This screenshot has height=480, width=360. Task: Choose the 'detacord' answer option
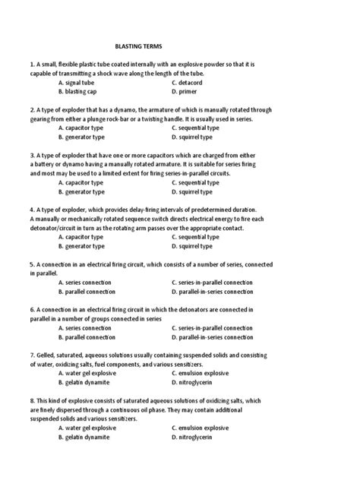click(x=194, y=82)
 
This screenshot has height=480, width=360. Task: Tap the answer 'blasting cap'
click(x=84, y=91)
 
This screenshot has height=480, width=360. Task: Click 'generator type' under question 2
click(x=85, y=137)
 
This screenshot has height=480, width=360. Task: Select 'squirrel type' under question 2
click(x=198, y=137)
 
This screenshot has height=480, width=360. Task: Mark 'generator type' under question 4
click(x=85, y=246)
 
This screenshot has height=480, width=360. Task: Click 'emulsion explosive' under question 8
click(x=204, y=428)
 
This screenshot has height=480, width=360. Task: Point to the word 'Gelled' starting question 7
click(x=47, y=355)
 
